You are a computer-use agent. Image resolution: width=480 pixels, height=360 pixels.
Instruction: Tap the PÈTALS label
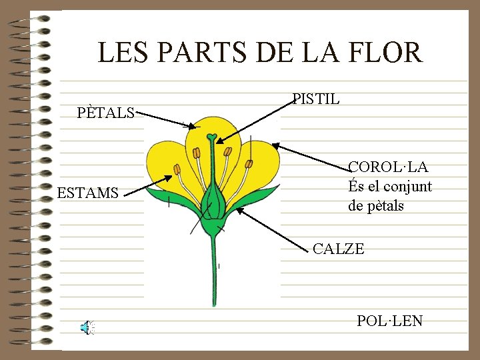[106, 113]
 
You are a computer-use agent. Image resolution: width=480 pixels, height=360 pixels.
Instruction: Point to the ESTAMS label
[88, 194]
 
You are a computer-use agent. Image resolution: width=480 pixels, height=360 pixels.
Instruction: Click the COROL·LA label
[389, 167]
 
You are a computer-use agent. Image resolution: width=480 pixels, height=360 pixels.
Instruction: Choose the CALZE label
[339, 249]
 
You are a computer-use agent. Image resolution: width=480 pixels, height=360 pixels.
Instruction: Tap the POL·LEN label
[389, 321]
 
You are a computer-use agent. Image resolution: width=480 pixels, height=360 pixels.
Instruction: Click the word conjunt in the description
[407, 186]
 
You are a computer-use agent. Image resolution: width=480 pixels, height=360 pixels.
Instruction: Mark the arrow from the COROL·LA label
[311, 157]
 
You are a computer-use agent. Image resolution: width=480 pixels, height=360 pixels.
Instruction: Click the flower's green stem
[214, 273]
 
